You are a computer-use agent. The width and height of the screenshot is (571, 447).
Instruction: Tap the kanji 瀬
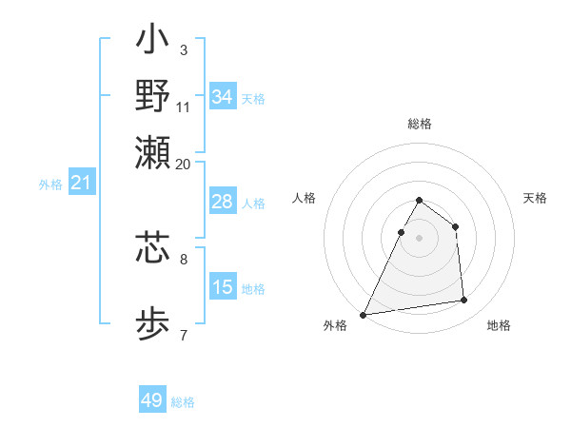point(152,152)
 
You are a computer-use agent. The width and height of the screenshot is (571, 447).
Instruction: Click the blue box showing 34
point(223,96)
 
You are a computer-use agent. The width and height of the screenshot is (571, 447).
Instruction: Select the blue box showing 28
point(223,202)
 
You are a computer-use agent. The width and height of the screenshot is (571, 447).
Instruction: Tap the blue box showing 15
point(223,287)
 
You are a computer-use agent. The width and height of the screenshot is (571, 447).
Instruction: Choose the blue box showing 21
point(81,183)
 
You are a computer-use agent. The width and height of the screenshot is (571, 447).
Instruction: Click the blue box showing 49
point(152,400)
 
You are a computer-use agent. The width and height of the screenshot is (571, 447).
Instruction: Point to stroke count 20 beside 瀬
point(184,164)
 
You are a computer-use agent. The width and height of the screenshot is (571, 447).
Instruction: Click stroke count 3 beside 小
point(184,49)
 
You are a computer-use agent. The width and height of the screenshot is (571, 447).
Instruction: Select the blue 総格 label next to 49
point(184,402)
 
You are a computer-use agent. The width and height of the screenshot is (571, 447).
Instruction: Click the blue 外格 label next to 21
point(50,185)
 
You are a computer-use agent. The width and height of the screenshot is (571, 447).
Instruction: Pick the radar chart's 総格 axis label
point(420,124)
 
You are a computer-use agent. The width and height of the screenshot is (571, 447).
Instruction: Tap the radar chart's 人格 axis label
point(304,198)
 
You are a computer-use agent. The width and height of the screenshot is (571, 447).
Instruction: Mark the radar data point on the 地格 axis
point(463,301)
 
